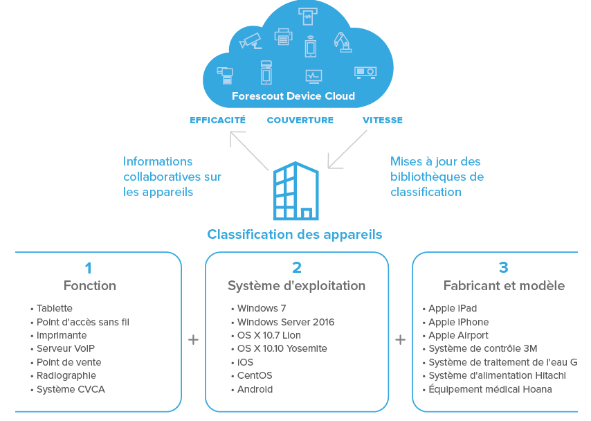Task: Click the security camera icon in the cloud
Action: tap(251, 41)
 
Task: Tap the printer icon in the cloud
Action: tap(283, 37)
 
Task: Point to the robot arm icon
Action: tap(342, 42)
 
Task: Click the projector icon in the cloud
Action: tap(365, 71)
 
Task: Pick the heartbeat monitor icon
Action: tap(313, 75)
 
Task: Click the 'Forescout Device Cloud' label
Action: tap(293, 96)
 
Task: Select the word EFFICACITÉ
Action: tap(217, 120)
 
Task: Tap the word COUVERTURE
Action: tap(300, 120)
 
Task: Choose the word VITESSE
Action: tap(382, 120)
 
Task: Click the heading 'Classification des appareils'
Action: tap(294, 234)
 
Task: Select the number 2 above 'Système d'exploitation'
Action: tap(297, 267)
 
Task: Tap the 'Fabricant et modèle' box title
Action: tap(504, 285)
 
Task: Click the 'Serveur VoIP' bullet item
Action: tap(66, 349)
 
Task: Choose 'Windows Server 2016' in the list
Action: tap(285, 322)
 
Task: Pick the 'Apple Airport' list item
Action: tap(458, 335)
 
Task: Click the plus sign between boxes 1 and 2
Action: tap(193, 340)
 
